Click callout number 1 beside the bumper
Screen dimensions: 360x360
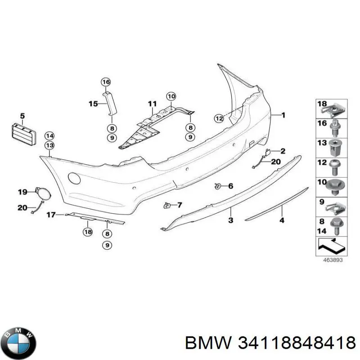click(x=283, y=115)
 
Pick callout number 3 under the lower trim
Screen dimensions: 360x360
click(x=230, y=220)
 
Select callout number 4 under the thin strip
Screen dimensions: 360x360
click(x=282, y=220)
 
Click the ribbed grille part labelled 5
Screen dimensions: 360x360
click(x=22, y=134)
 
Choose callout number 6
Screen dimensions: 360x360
click(x=230, y=186)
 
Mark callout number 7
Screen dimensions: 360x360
click(x=180, y=205)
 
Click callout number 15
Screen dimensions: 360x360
click(x=93, y=104)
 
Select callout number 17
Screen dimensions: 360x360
click(x=52, y=215)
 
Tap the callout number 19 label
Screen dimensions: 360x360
click(x=22, y=193)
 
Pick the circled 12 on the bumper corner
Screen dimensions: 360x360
click(x=219, y=119)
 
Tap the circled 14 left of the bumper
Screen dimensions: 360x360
click(x=49, y=136)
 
